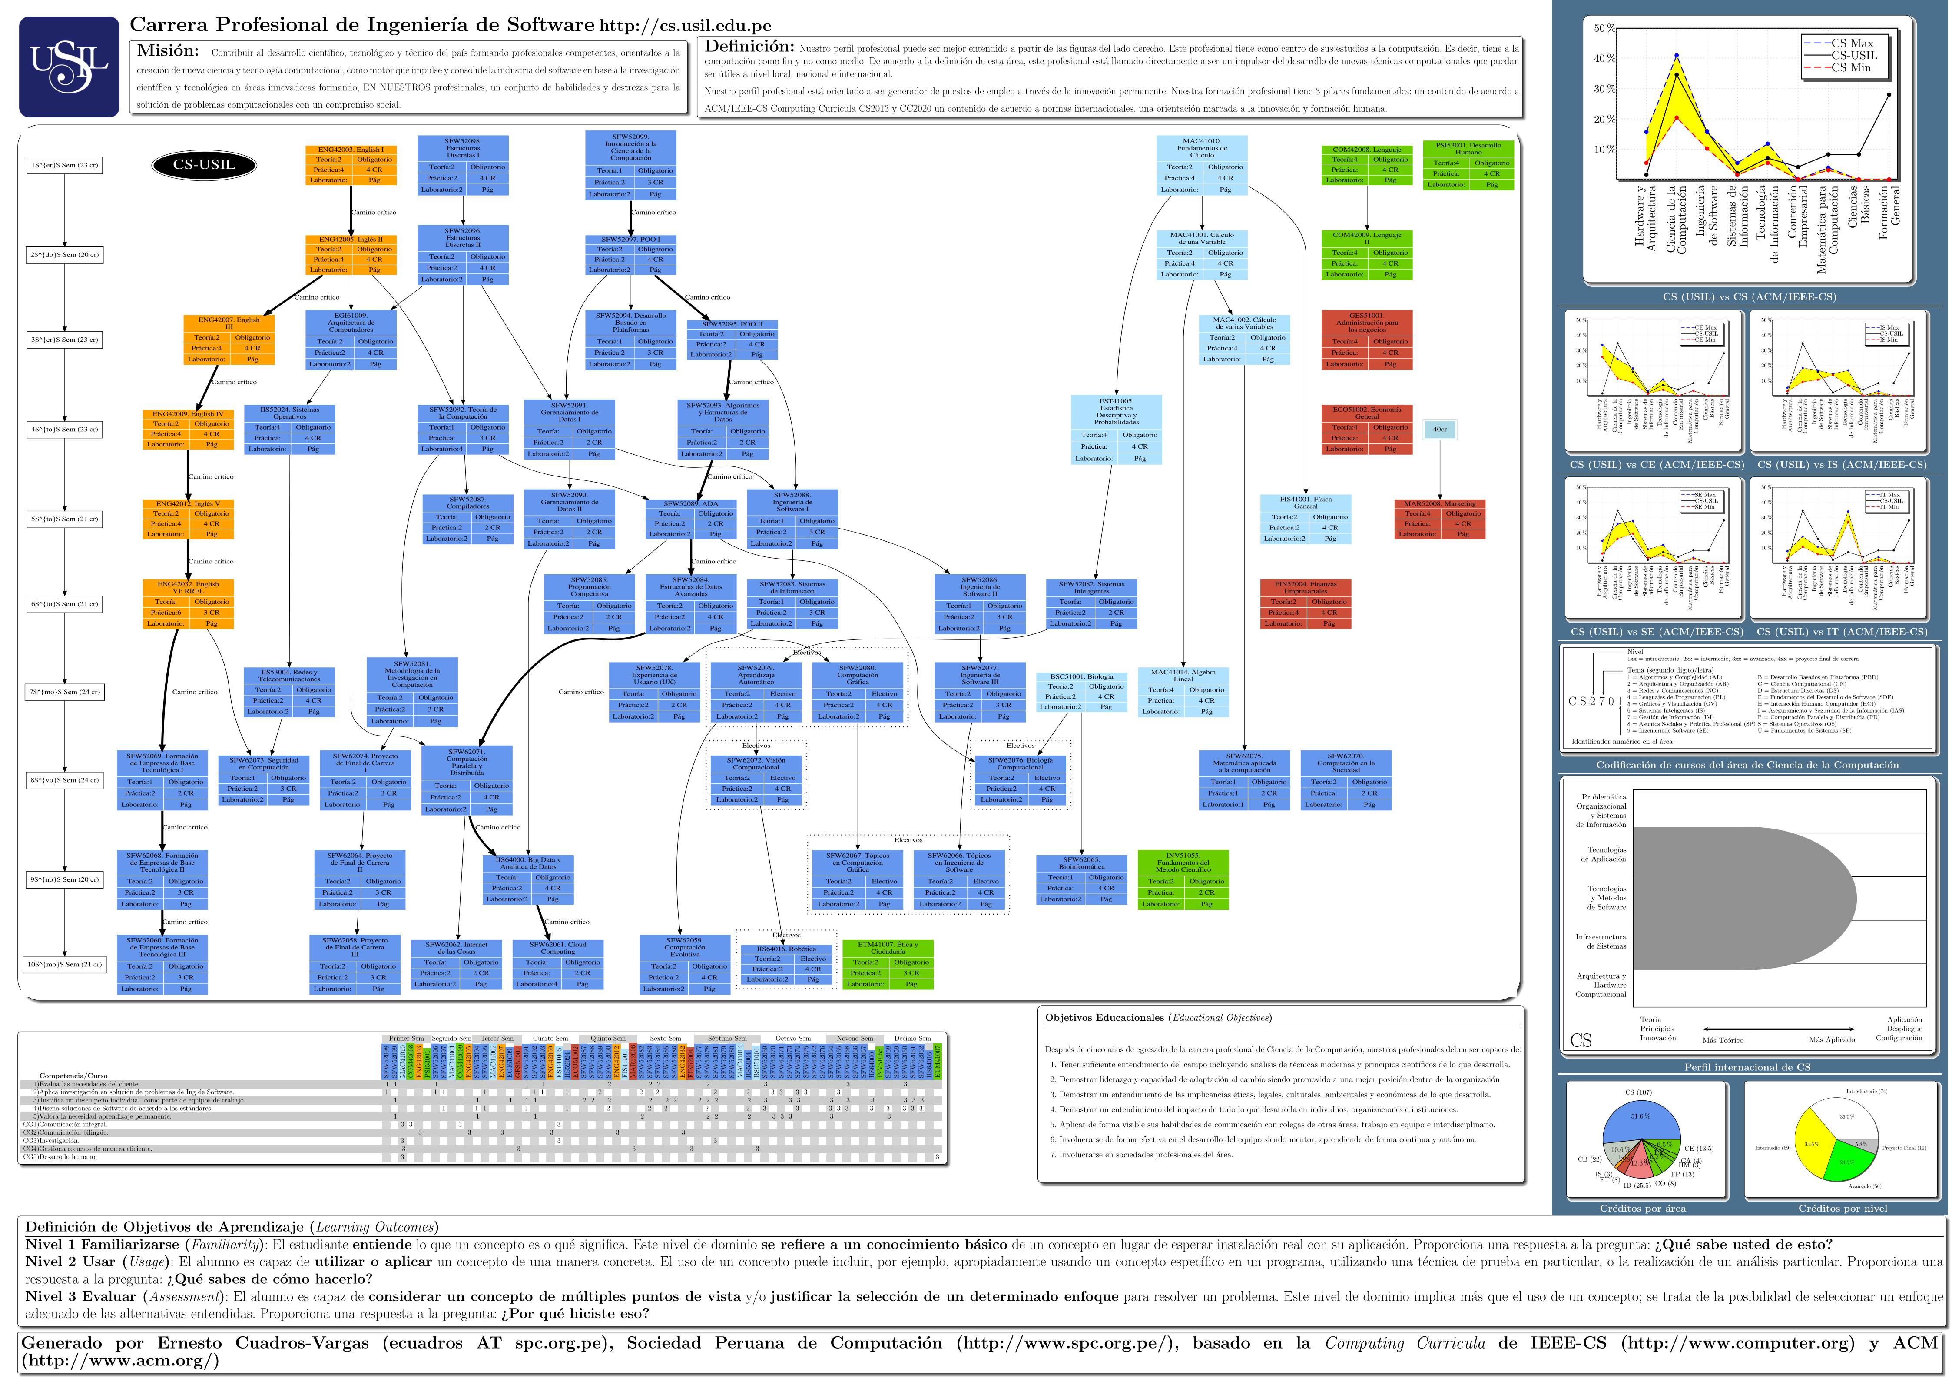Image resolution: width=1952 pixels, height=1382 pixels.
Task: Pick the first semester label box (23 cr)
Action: [65, 165]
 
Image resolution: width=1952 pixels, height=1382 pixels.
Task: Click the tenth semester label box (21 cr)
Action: [65, 964]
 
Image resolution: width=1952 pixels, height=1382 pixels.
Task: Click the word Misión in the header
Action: [169, 51]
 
